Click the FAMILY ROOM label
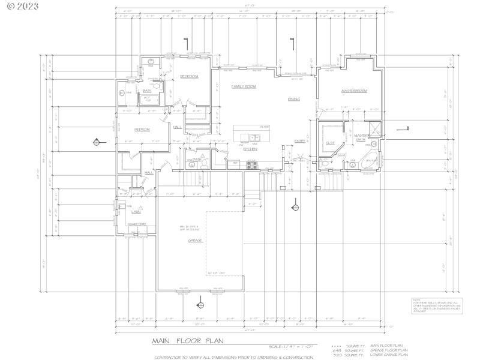click(x=244, y=86)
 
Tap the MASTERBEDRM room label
click(x=354, y=91)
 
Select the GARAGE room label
click(x=195, y=240)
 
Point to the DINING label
click(x=293, y=99)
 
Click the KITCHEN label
click(x=250, y=149)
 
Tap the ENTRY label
click(x=299, y=141)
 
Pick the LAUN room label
click(x=136, y=211)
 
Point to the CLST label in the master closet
click(x=330, y=143)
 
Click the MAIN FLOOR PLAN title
click(x=187, y=341)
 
